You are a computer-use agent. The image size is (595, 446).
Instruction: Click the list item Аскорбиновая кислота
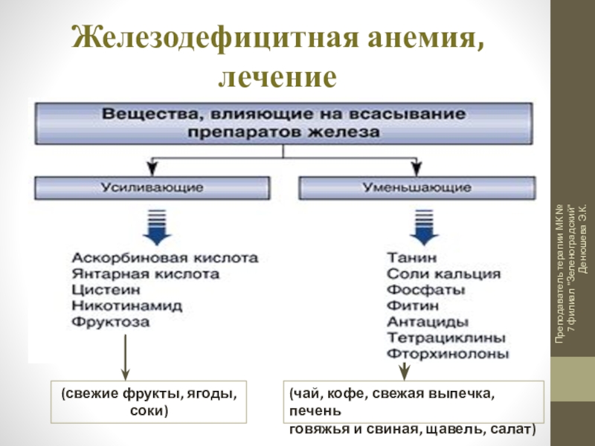165,258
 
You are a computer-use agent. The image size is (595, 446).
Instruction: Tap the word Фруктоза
110,323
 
